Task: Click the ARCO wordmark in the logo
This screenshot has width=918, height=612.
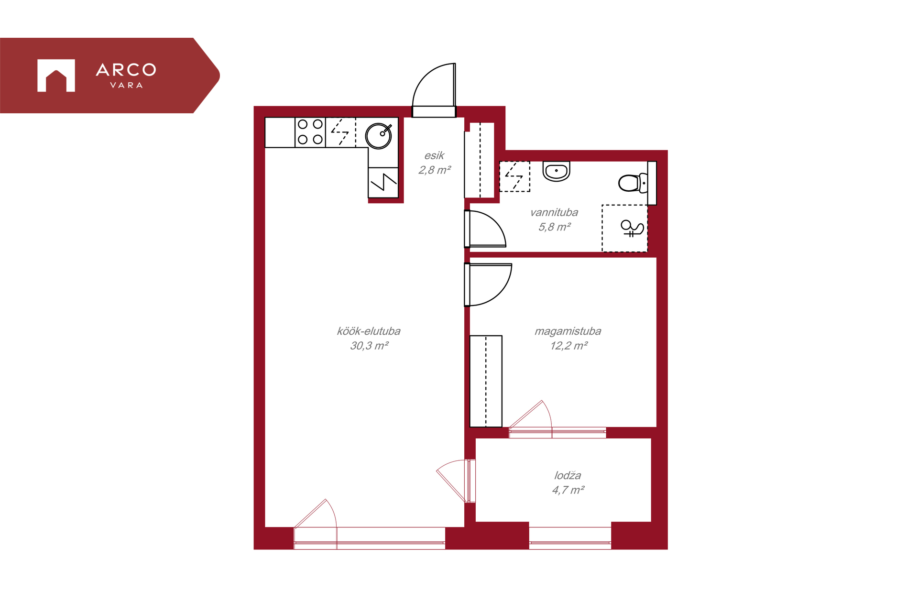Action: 126,70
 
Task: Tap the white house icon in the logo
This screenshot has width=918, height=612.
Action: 56,75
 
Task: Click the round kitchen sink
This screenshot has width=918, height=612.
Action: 379,136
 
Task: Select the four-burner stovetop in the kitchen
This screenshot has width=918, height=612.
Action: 310,132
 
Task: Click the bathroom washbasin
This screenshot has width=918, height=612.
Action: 557,171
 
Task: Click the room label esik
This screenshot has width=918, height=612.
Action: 434,155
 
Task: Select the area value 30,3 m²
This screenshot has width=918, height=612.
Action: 369,346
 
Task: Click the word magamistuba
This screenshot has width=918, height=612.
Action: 568,331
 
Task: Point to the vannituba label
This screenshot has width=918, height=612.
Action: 554,212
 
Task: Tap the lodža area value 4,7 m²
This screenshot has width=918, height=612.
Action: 568,490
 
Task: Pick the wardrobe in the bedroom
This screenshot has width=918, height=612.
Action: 486,381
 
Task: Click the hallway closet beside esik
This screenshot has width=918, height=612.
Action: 480,160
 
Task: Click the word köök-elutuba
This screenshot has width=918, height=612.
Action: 369,331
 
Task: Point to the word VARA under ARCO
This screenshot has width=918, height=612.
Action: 126,86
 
